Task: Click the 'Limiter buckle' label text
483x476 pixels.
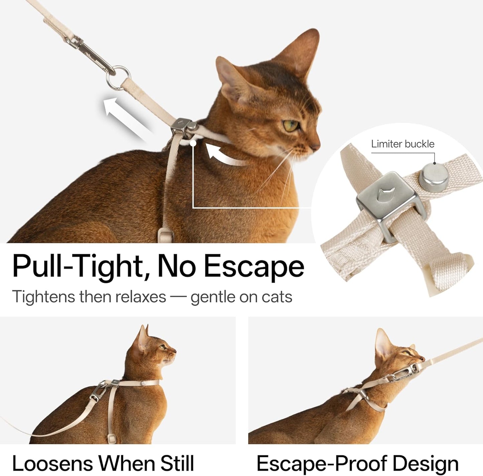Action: pos(402,144)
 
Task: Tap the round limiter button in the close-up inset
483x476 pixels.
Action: pos(434,177)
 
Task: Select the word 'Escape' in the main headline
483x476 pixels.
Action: pos(254,266)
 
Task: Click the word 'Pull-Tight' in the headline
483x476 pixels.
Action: pos(79,266)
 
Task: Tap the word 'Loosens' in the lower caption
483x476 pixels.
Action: pos(52,463)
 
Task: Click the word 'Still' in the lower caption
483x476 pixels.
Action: pos(177,463)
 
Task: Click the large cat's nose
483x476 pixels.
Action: pos(316,146)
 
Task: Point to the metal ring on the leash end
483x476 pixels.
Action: pos(118,78)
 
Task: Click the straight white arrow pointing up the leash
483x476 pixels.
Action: pos(124,117)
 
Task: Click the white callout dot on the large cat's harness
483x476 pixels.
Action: pos(193,143)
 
